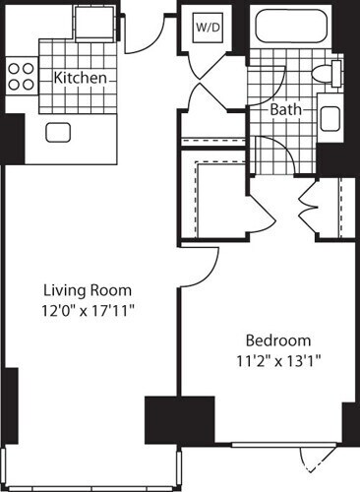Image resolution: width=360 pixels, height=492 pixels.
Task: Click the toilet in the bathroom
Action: pos(328,72)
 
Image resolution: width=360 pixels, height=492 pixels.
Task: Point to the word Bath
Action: pos(287,109)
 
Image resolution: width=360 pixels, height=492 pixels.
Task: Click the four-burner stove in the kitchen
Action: pos(21,75)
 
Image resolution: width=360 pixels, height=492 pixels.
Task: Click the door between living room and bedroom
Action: pos(200,261)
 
